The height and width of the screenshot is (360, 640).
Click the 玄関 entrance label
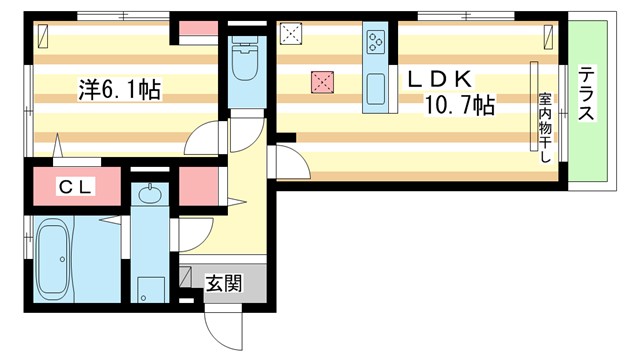click(223, 283)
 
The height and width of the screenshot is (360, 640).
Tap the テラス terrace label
click(586, 96)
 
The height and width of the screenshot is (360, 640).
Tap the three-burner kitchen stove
click(376, 42)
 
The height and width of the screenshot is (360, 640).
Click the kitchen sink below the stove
click(376, 90)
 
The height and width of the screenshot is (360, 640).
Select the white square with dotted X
click(291, 36)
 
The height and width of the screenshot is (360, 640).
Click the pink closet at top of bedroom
click(197, 31)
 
